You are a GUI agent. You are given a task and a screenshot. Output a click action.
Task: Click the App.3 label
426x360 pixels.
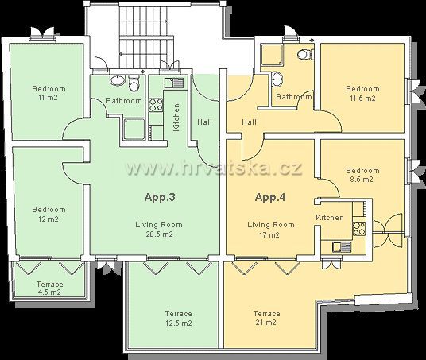160,198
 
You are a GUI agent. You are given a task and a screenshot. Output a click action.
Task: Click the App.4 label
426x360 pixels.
270,198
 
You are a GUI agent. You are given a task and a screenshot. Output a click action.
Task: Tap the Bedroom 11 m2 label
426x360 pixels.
48,93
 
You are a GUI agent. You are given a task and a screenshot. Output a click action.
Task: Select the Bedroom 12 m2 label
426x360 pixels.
48,214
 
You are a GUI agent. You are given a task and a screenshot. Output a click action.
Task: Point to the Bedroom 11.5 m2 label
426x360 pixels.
362,93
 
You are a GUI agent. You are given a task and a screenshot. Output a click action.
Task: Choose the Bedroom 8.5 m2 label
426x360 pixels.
362,175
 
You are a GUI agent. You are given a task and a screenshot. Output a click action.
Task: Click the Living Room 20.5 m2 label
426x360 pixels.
159,230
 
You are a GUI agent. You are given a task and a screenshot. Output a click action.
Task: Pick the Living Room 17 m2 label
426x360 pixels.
270,230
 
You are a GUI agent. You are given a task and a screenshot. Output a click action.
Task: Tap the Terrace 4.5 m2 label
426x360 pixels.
50,288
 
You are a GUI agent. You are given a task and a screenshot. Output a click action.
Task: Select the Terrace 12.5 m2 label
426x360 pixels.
179,318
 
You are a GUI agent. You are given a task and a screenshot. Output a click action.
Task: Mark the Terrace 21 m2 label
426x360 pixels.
266,318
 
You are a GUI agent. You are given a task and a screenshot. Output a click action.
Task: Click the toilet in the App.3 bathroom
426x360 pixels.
134,83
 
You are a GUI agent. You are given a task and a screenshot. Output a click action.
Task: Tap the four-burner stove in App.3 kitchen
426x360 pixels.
156,105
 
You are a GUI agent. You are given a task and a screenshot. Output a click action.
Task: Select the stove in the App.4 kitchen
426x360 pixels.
359,228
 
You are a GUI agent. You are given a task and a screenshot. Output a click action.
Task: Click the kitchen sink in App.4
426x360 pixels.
342,247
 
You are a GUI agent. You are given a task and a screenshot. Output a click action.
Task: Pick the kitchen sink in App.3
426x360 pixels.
174,83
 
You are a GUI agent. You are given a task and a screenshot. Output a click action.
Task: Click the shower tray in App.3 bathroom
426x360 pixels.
134,130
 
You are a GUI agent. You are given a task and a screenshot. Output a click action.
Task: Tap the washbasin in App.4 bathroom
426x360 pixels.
277,79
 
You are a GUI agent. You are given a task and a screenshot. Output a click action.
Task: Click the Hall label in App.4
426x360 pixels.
249,122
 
